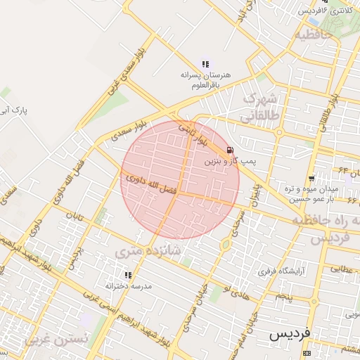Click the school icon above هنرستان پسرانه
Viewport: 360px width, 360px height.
(205, 64)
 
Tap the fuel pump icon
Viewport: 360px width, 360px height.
(231, 150)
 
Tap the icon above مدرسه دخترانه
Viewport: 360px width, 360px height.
(128, 276)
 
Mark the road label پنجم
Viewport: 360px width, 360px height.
(284, 297)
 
